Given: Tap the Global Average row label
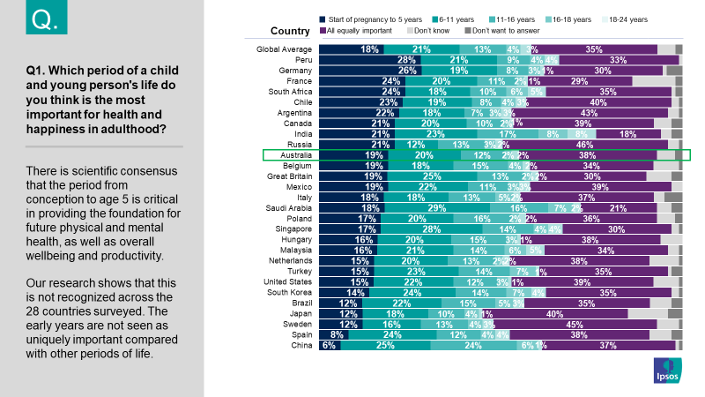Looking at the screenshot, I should coord(285,49).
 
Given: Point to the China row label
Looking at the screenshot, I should coord(301,345).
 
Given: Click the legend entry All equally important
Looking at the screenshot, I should coord(360,31).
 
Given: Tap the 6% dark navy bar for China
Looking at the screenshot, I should coord(329,345).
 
